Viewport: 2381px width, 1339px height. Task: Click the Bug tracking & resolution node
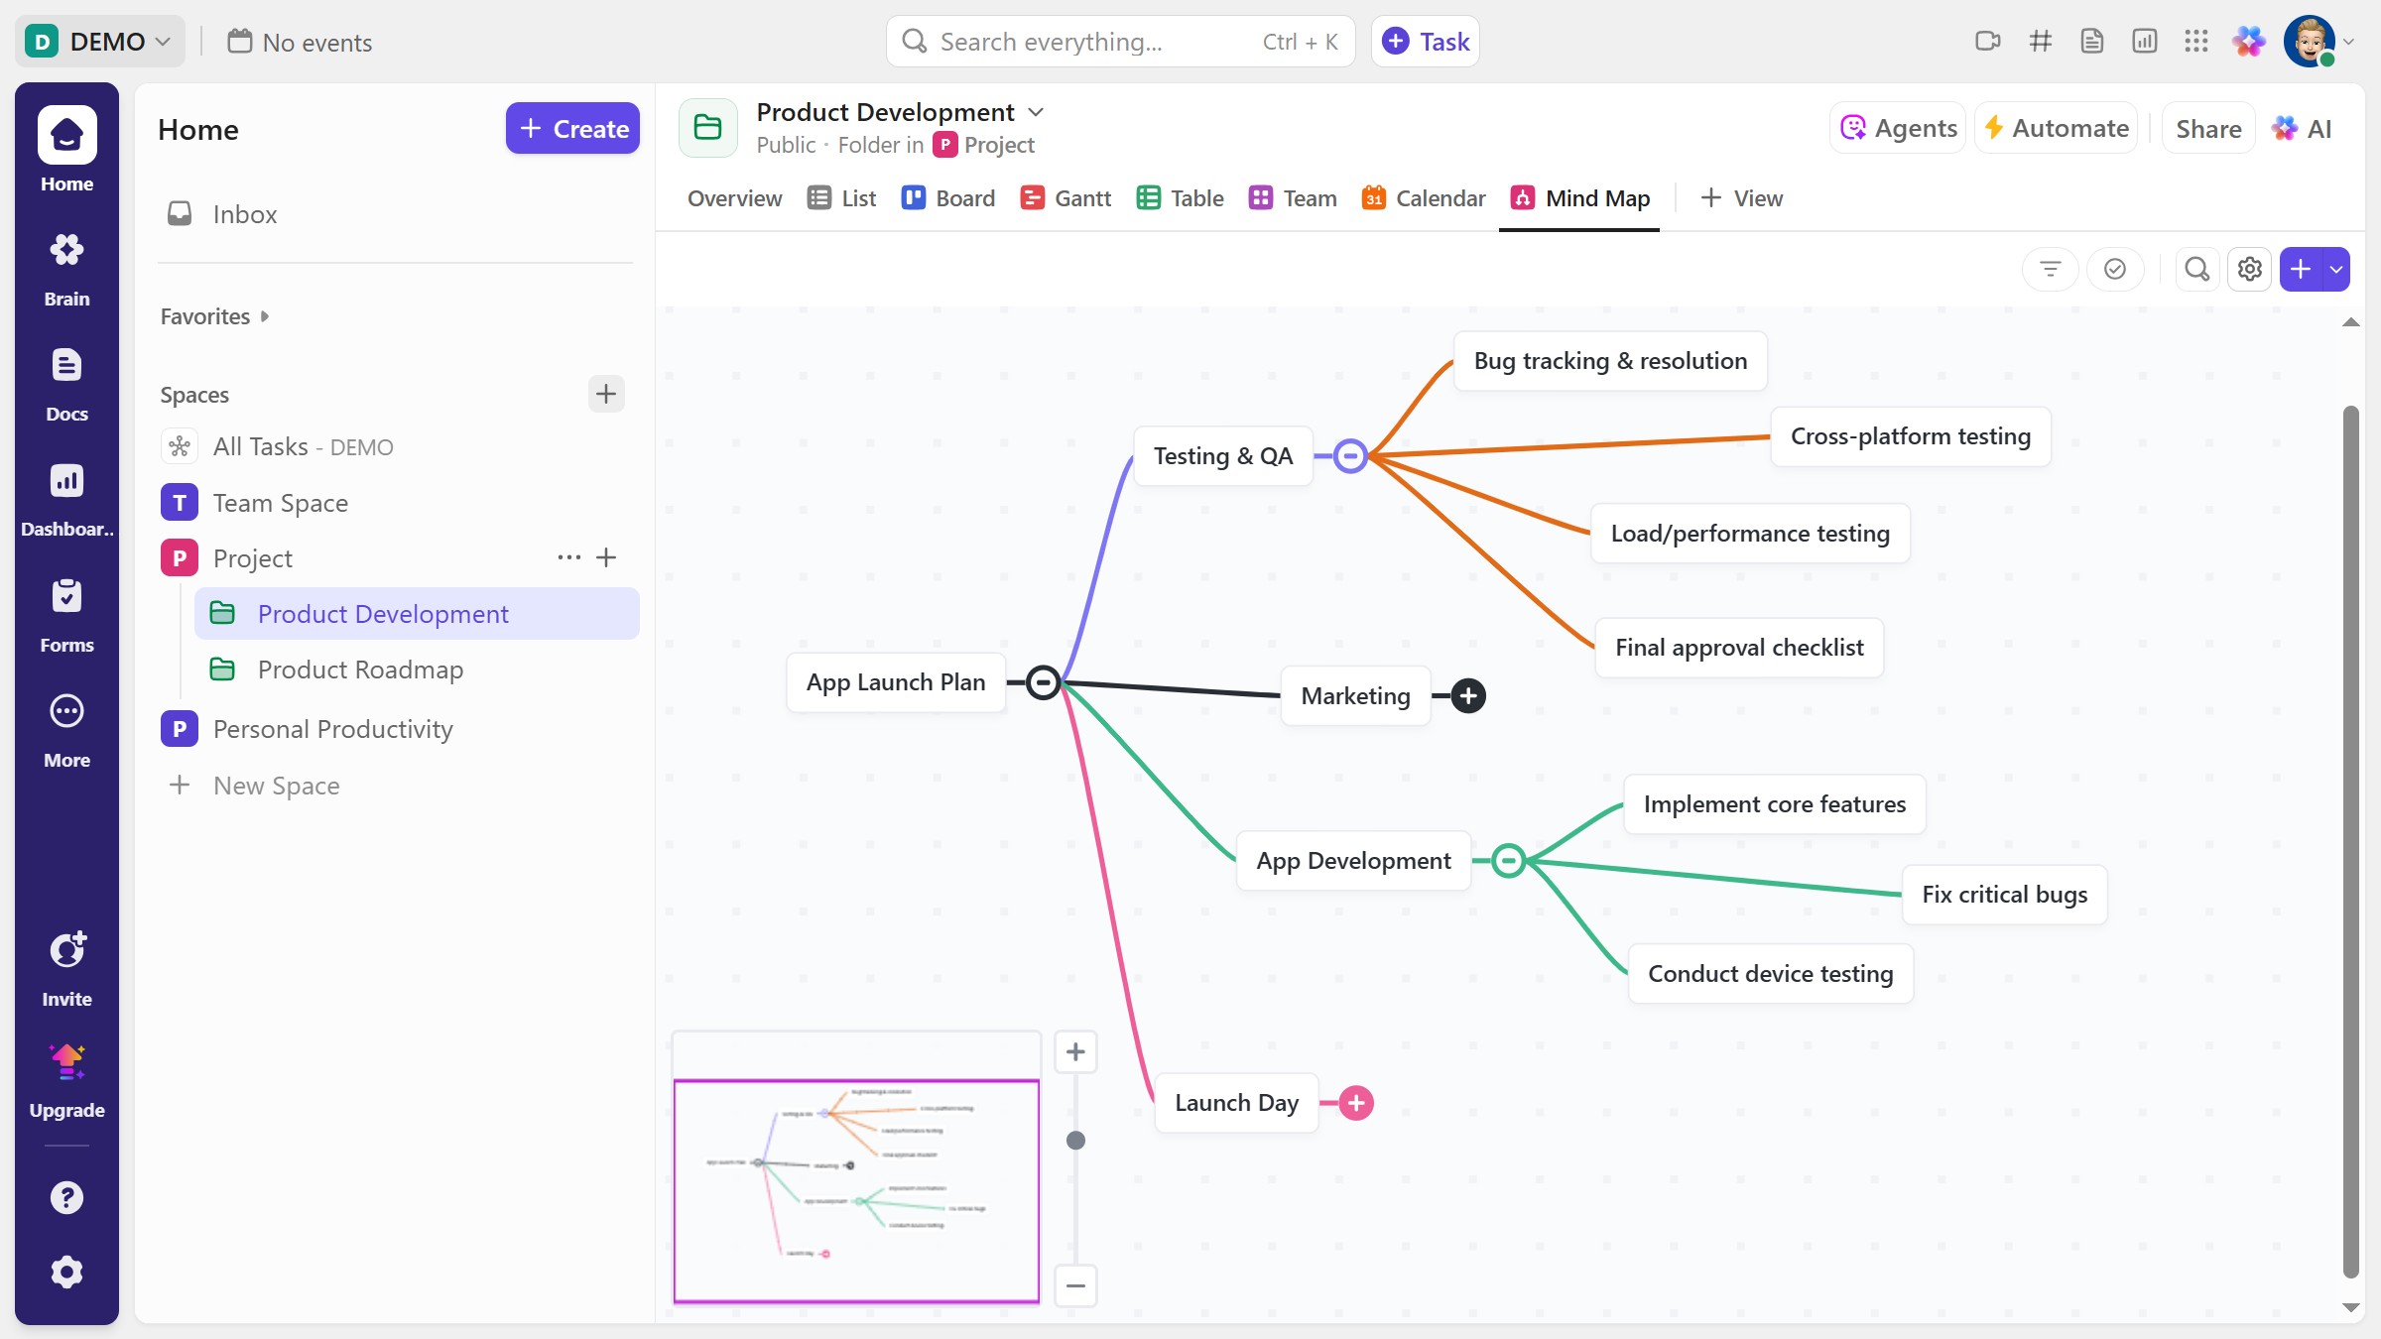(1609, 361)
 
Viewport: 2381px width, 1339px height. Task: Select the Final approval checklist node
(1738, 648)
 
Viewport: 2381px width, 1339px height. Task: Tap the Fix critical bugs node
(2004, 895)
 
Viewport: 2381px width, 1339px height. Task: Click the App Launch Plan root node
(895, 682)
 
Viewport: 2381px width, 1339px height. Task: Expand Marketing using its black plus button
(1468, 696)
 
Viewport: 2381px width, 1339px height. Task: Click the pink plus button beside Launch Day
(1356, 1103)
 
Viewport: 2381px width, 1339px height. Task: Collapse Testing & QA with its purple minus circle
(1350, 456)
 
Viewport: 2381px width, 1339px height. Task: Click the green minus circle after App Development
(1508, 861)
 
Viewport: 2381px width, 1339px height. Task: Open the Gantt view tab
(1066, 198)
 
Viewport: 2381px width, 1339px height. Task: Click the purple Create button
(572, 129)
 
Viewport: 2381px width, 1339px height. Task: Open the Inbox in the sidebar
(244, 214)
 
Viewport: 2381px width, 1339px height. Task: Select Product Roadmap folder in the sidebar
(360, 670)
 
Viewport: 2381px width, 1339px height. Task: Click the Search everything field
(1091, 42)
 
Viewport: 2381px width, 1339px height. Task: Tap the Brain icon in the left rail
(66, 266)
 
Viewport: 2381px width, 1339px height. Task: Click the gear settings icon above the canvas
(2249, 269)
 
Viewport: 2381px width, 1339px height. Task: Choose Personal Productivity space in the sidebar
(332, 730)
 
